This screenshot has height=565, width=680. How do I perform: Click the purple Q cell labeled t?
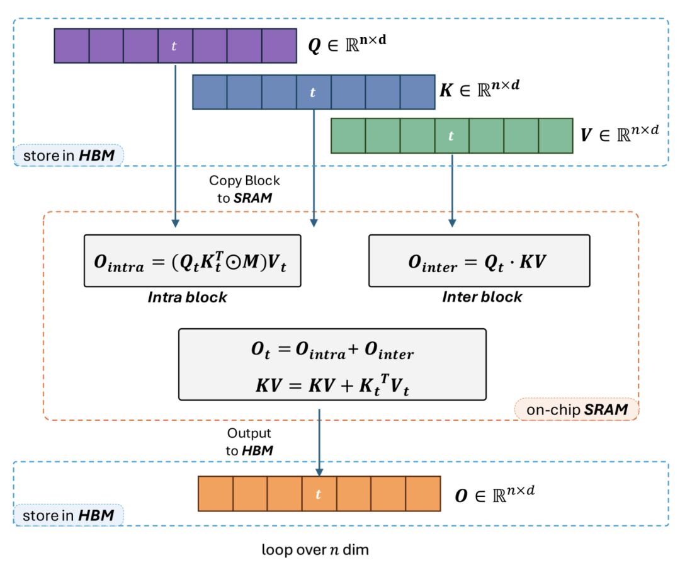[x=175, y=45]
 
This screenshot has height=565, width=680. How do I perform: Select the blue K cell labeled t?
[x=313, y=92]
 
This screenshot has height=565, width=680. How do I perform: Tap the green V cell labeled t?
[x=451, y=135]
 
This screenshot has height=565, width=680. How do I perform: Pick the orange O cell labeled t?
[x=319, y=494]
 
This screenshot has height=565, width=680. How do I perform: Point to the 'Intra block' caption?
[x=188, y=297]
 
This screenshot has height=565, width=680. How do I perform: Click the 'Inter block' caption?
[x=482, y=297]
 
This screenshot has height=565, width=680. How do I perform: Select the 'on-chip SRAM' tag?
[x=575, y=409]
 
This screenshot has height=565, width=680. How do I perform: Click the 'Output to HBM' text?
[x=249, y=442]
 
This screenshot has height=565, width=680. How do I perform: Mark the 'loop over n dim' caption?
[x=315, y=549]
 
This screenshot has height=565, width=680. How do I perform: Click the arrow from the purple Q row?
[x=175, y=145]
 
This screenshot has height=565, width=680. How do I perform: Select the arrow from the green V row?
[x=451, y=189]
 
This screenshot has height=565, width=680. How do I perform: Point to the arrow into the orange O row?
[x=319, y=441]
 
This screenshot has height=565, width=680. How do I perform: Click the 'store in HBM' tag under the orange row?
[x=68, y=515]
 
